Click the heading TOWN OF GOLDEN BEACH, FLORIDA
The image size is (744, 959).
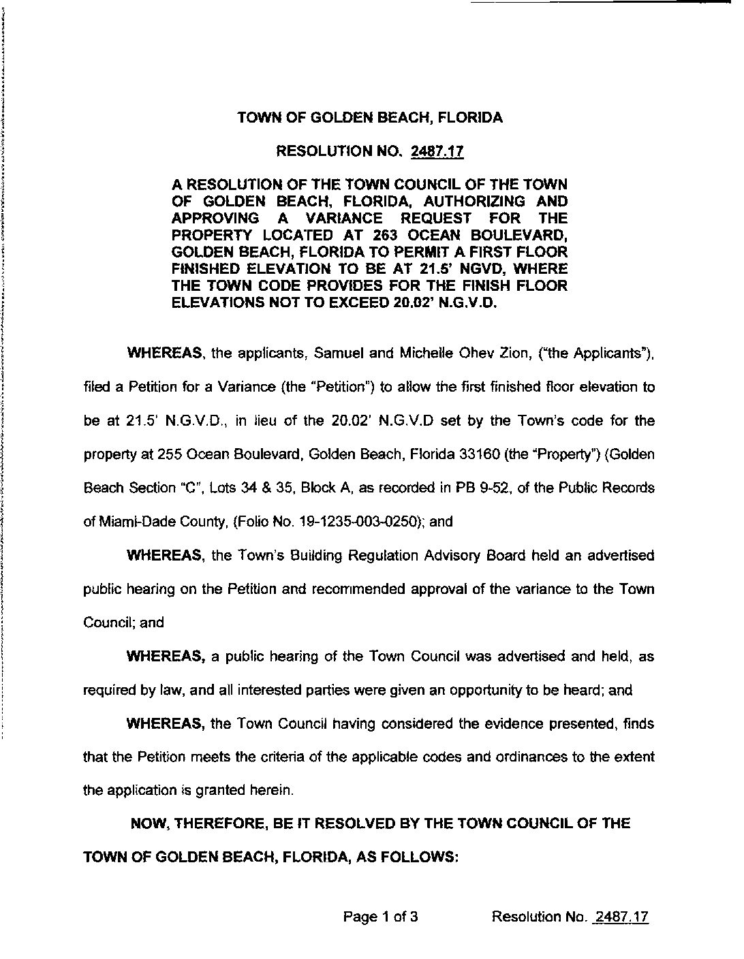pyautogui.click(x=370, y=118)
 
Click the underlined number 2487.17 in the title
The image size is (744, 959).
pyautogui.click(x=437, y=151)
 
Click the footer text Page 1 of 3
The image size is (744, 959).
pyautogui.click(x=380, y=917)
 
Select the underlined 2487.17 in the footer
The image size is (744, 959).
pyautogui.click(x=621, y=917)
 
